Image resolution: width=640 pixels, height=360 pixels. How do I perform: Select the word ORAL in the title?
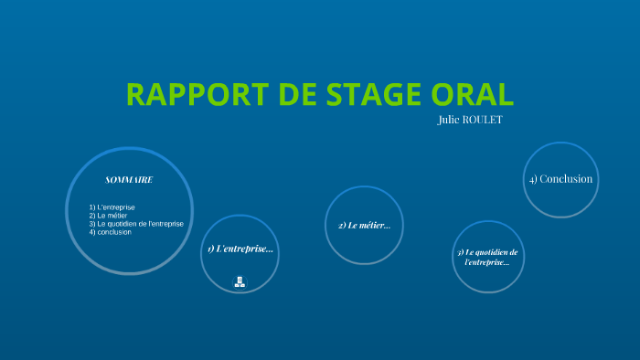[x=474, y=94]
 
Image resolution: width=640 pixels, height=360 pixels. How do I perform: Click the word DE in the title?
[x=291, y=94]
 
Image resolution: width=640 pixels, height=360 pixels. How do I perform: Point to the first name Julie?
[x=453, y=120]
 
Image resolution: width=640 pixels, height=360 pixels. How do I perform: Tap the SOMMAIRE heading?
[x=129, y=179]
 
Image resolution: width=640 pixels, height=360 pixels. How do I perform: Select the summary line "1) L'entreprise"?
[x=112, y=207]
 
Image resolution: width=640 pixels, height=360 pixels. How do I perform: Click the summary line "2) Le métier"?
[x=108, y=216]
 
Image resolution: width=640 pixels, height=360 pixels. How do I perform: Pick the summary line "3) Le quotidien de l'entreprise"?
[x=136, y=224]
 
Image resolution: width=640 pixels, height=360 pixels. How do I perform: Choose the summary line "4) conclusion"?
[x=111, y=232]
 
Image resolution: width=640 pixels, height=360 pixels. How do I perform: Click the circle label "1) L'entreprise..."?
[x=240, y=249]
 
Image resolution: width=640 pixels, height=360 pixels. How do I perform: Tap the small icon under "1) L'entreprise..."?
[x=240, y=281]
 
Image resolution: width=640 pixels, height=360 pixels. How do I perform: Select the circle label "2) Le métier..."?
[x=364, y=225]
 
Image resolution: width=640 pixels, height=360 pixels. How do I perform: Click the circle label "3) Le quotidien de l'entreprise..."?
[x=487, y=257]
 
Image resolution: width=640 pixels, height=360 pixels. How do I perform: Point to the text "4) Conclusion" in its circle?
[x=560, y=179]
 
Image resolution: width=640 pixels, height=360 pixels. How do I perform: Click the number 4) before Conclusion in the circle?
[x=532, y=179]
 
